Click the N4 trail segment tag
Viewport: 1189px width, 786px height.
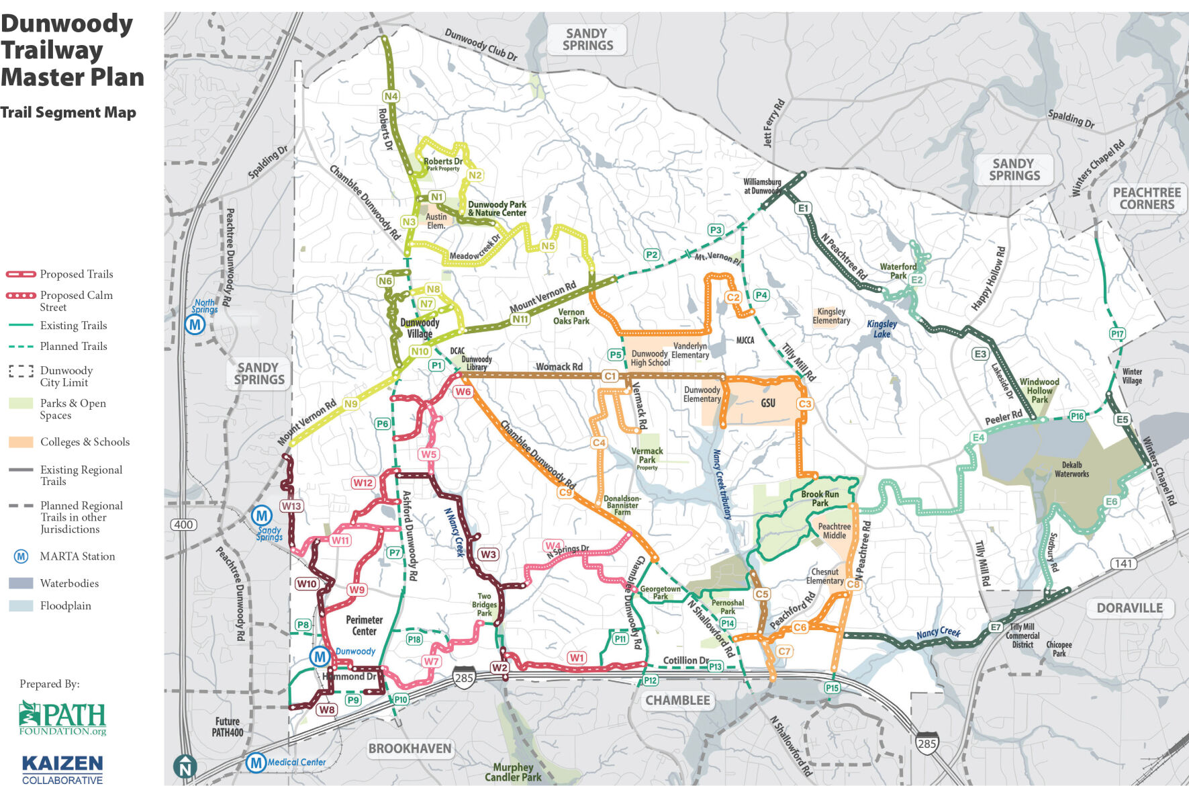(x=391, y=96)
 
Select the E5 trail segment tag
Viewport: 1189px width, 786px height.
(x=1122, y=419)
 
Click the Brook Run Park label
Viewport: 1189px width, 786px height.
(x=820, y=498)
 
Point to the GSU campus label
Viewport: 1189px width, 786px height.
(x=768, y=403)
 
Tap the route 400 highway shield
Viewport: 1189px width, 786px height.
(x=184, y=525)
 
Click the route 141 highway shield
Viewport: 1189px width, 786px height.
(x=1124, y=564)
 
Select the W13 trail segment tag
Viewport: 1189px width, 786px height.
(x=291, y=506)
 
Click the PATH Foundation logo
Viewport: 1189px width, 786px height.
(x=62, y=718)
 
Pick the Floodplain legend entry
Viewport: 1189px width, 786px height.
(x=64, y=605)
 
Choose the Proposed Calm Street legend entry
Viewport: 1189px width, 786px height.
(x=75, y=300)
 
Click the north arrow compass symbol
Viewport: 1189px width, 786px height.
(x=185, y=767)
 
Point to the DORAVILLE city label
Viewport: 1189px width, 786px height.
(x=1129, y=608)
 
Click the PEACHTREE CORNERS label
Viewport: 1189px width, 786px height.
(x=1147, y=198)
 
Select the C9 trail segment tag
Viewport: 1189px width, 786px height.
(x=565, y=492)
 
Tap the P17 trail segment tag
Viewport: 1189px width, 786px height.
(x=1117, y=334)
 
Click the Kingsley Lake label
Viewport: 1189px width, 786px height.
(x=882, y=329)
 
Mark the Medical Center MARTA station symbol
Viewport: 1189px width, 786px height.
(x=255, y=762)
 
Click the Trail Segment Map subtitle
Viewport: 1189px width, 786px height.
(x=68, y=112)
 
